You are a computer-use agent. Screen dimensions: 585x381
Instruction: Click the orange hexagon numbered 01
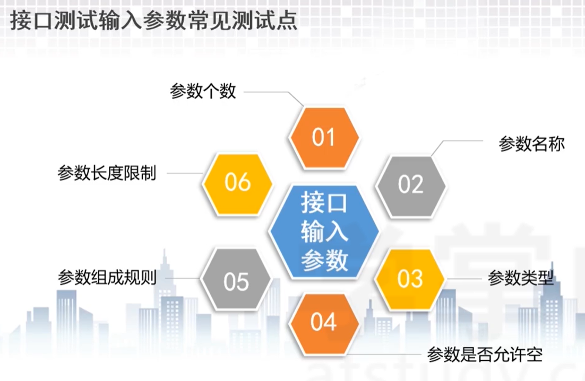(x=324, y=137)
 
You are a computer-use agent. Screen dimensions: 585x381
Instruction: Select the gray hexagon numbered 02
(x=410, y=185)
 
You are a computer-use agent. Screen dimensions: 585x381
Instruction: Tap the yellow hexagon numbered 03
(x=410, y=279)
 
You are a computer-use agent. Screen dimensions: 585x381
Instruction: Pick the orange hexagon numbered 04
(x=324, y=323)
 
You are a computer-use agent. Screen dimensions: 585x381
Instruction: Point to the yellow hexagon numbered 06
(x=237, y=183)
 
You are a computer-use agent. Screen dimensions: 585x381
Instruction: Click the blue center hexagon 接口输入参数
(x=324, y=231)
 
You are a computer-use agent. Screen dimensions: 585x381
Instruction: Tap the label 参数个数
(x=203, y=91)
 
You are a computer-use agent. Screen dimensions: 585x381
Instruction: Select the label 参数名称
(x=531, y=144)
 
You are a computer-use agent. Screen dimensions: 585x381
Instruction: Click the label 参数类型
(x=521, y=278)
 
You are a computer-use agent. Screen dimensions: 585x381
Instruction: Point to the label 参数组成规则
(x=107, y=278)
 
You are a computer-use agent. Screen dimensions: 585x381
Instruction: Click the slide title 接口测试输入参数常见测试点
(x=154, y=20)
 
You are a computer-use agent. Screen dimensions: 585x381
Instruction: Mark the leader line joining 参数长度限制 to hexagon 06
(x=185, y=173)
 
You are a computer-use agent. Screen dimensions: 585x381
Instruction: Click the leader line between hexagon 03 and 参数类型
(x=463, y=279)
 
